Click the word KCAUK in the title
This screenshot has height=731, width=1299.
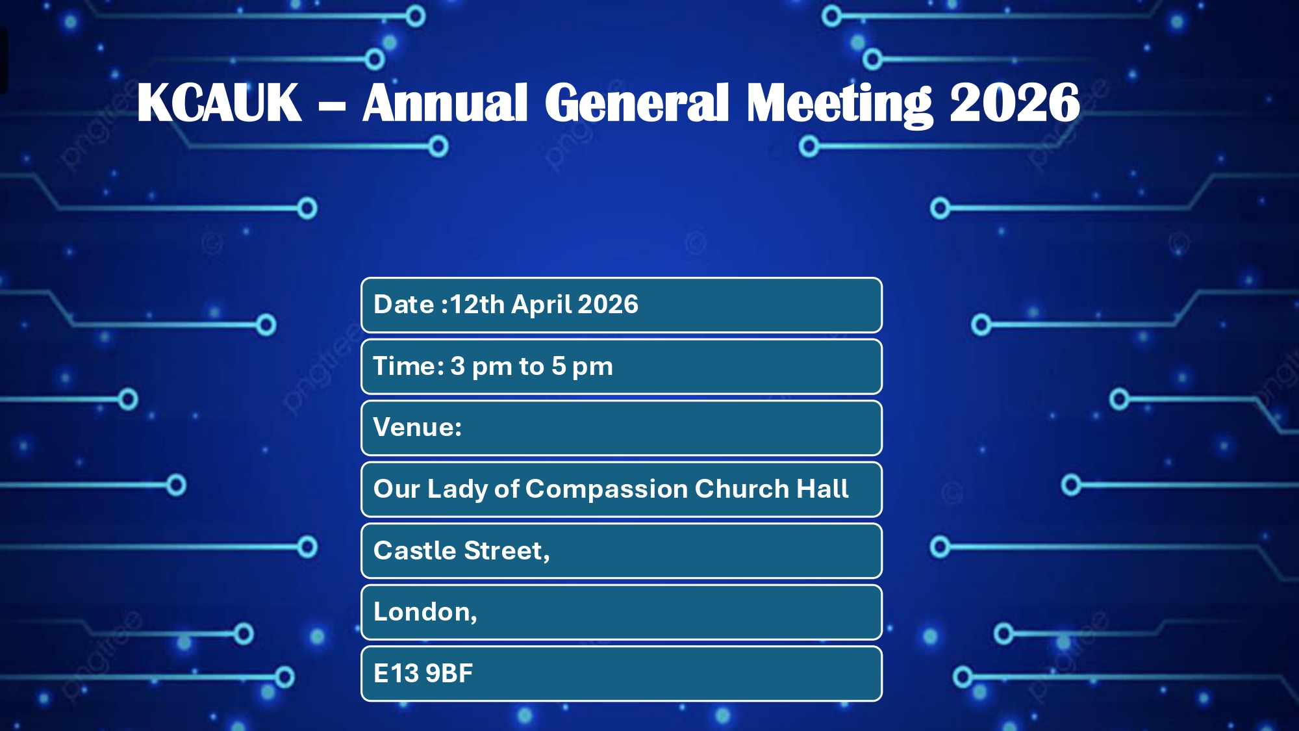(x=219, y=103)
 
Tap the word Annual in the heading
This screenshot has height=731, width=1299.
(x=445, y=103)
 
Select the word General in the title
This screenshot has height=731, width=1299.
(x=637, y=103)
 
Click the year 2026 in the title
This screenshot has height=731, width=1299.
(x=1015, y=103)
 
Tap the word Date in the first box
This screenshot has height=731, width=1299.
(x=404, y=304)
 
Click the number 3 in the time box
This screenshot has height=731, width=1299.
(x=458, y=366)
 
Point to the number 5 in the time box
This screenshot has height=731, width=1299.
(x=559, y=366)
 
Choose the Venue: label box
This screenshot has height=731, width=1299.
(x=622, y=428)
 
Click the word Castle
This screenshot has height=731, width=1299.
(x=415, y=550)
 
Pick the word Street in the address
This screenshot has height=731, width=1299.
(x=504, y=551)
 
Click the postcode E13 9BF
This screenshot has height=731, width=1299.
(x=423, y=673)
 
